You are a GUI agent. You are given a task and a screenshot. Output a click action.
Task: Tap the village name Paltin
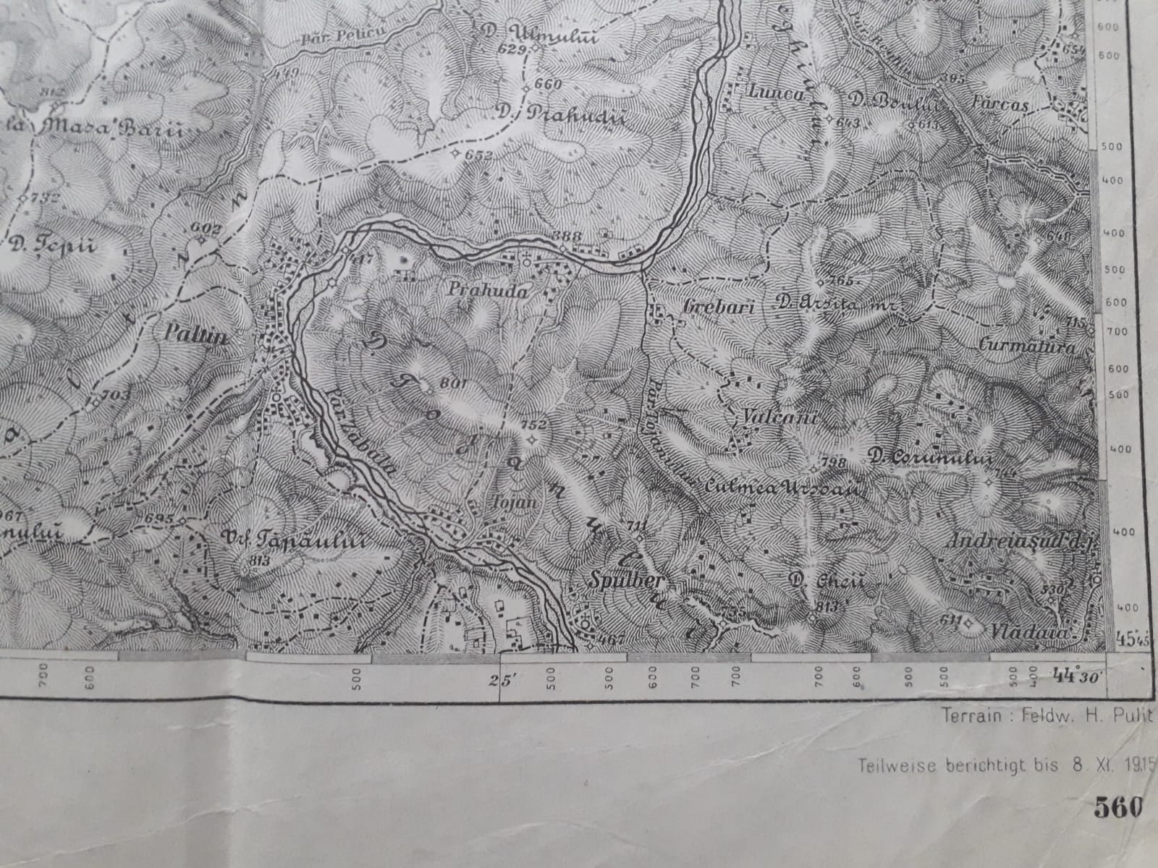click(186, 336)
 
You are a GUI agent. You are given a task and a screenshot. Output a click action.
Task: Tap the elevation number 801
click(451, 383)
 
